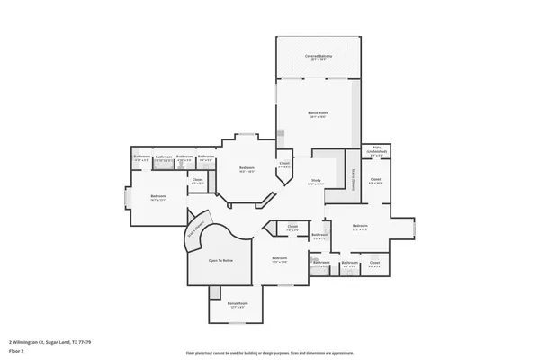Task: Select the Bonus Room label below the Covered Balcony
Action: (319, 114)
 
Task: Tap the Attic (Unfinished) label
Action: (376, 150)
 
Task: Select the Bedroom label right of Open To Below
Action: (279, 260)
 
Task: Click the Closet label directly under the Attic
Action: (376, 180)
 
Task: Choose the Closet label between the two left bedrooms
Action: (197, 180)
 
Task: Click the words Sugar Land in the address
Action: (57, 342)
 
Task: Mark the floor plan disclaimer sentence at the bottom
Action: (270, 352)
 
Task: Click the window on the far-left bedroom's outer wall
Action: (125, 200)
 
